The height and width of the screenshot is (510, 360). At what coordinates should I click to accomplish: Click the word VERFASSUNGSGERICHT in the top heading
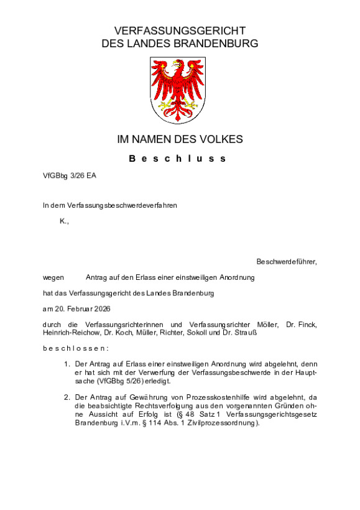click(x=180, y=30)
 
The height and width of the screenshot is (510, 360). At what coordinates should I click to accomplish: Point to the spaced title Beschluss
click(x=179, y=159)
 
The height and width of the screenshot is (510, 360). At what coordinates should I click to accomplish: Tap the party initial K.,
click(x=64, y=221)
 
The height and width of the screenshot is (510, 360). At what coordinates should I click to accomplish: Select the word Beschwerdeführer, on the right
click(x=286, y=261)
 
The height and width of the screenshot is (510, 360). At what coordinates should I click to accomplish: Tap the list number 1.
click(x=67, y=363)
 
